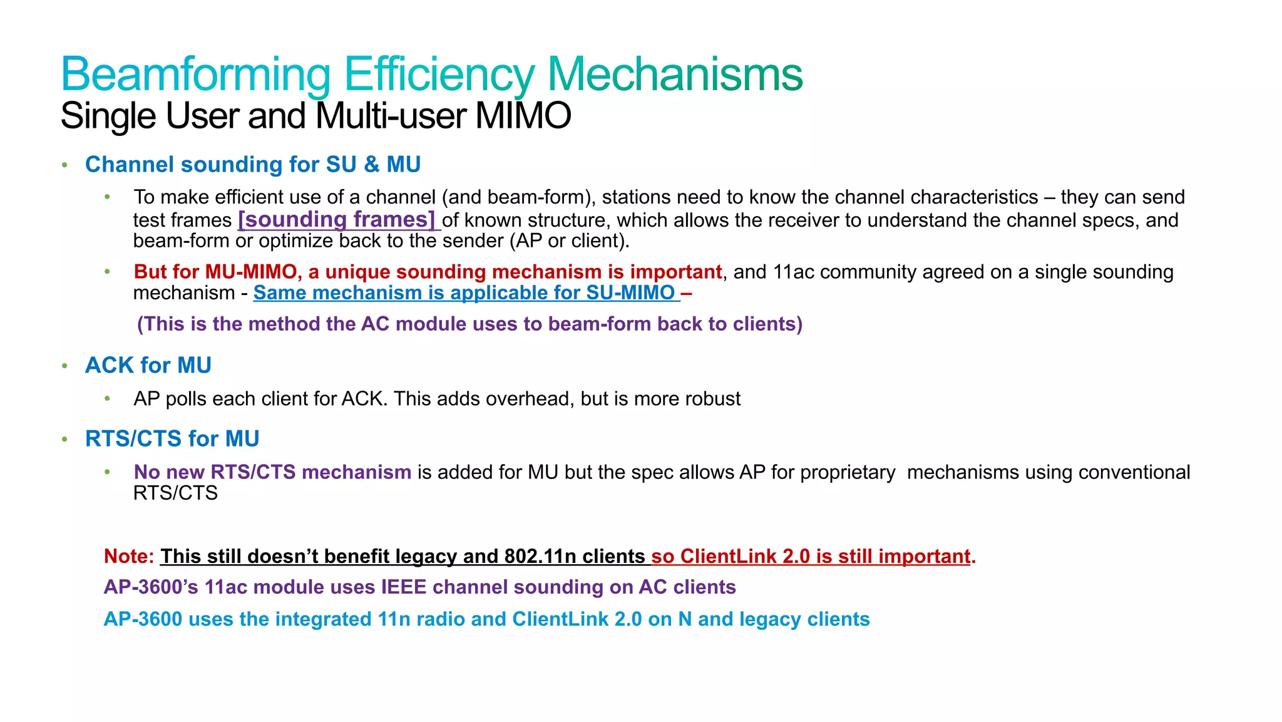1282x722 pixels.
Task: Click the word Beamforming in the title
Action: click(x=195, y=75)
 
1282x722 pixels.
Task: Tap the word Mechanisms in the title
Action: click(x=675, y=75)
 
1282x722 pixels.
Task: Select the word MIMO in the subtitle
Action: click(x=523, y=116)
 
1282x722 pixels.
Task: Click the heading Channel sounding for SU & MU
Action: click(x=253, y=165)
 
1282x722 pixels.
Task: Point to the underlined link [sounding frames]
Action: click(x=337, y=220)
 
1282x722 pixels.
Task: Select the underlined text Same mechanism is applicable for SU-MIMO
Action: click(x=464, y=293)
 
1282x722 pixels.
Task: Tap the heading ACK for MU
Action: click(x=148, y=365)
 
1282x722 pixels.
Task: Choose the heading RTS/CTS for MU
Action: click(x=172, y=439)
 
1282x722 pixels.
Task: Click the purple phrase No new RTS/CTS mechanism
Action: click(x=273, y=472)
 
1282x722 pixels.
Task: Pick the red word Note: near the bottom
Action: click(x=129, y=556)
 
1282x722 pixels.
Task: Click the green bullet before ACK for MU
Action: click(x=64, y=366)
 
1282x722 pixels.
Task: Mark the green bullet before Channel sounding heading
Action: click(x=64, y=165)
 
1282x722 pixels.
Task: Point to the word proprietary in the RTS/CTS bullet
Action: click(x=848, y=472)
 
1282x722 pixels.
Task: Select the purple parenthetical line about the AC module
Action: click(x=469, y=324)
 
